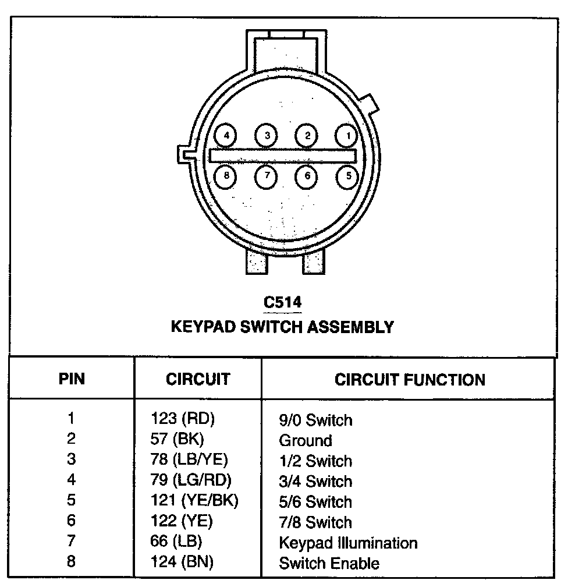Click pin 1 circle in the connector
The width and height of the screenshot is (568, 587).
coord(347,136)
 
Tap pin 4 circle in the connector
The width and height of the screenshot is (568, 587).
coord(226,136)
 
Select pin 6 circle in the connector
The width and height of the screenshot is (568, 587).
coord(307,175)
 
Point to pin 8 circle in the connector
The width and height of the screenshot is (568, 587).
coord(226,175)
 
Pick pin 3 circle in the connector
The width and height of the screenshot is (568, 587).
coord(267,136)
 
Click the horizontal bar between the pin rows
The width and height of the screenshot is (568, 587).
coord(283,155)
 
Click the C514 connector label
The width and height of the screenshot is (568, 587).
coord(283,302)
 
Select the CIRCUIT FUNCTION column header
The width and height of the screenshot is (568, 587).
coord(410,380)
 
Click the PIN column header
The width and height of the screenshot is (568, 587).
coord(72,380)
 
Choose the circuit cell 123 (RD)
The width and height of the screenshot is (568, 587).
coord(183,419)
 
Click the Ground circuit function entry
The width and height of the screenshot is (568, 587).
coord(306,440)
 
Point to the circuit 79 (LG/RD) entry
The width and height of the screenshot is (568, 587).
coord(191,481)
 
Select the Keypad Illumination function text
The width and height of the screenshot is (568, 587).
coord(348,543)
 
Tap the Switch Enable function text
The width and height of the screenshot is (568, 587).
coord(329,564)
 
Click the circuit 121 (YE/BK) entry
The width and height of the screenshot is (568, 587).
coord(194,501)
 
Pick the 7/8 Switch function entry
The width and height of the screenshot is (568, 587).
coord(315,522)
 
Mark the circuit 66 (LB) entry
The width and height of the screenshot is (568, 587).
coord(176,542)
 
